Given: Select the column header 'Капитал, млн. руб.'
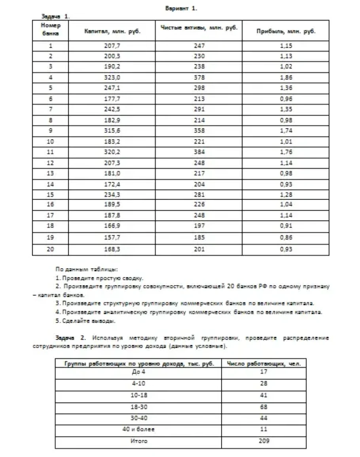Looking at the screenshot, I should point(112,31).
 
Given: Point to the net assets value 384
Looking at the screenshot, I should point(199,152).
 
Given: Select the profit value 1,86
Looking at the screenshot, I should point(286,77).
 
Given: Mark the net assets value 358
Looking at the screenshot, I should point(199,131).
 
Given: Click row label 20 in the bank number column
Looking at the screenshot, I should point(51,249).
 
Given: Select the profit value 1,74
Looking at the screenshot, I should point(286,131).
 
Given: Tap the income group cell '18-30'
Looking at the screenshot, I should point(138,406).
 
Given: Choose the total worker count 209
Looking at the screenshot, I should point(264,441).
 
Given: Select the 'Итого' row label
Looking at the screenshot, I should point(138,441).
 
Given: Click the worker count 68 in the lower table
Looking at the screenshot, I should point(264,406).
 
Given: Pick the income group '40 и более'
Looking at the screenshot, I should point(138,429).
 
